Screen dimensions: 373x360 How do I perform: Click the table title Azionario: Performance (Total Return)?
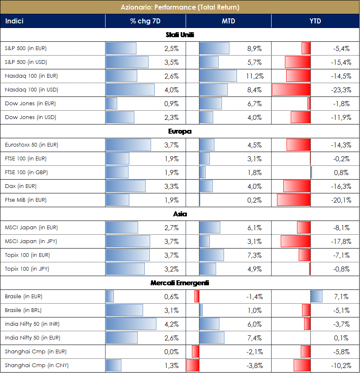pos(180,7)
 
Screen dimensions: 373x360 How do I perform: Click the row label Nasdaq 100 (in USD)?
pos(31,90)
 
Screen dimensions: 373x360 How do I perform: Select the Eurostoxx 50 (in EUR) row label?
pos(31,145)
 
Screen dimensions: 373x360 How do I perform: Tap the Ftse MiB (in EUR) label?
pos(25,200)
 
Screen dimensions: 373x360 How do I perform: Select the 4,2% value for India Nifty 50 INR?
pos(171,324)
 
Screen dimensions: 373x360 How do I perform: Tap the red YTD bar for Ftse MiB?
pos(294,200)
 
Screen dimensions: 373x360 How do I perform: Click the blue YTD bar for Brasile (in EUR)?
pos(317,297)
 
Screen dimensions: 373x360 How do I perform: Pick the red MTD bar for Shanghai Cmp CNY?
pos(193,365)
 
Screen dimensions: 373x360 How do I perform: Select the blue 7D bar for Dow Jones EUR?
pos(111,104)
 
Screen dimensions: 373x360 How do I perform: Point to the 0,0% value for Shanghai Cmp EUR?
pos(171,352)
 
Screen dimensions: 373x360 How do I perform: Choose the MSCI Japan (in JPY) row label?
pos(31,241)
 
